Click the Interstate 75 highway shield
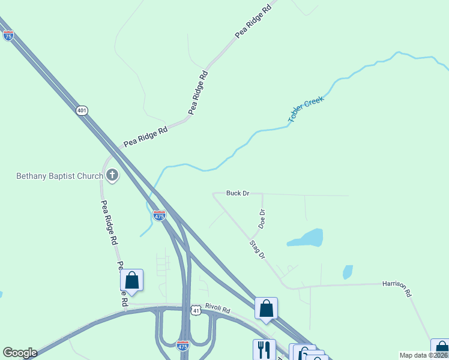pos(8,35)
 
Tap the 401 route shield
pos(82,110)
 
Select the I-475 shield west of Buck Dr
pos(159,215)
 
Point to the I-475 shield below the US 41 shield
pos(183,346)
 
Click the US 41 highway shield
pos(196,310)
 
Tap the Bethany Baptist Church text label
pos(59,176)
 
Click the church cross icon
pos(112,175)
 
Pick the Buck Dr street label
pos(238,193)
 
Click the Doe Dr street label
pos(262,218)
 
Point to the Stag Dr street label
pos(258,249)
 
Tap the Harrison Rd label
pos(397,289)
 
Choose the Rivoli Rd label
pos(217,310)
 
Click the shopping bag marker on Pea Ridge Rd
pos(131,280)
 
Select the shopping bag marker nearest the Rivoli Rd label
pos(266,308)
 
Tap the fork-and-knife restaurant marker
pos(264,349)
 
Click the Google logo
pos(20,353)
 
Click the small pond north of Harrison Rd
pos(348,272)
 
